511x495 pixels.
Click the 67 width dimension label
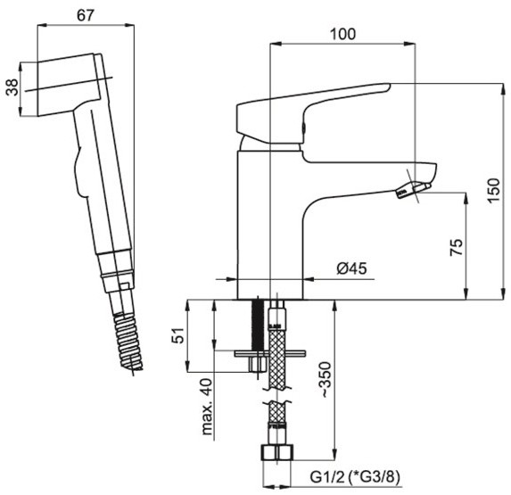tap(86, 15)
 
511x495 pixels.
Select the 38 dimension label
tap(12, 87)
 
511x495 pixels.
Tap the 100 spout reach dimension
tap(342, 34)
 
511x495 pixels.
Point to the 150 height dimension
tap(493, 190)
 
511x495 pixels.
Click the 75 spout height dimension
tap(457, 247)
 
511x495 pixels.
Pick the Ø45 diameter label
tap(352, 268)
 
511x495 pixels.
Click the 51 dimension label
tap(178, 334)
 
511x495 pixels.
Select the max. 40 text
tap(207, 407)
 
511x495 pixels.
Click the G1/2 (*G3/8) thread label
tap(355, 477)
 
